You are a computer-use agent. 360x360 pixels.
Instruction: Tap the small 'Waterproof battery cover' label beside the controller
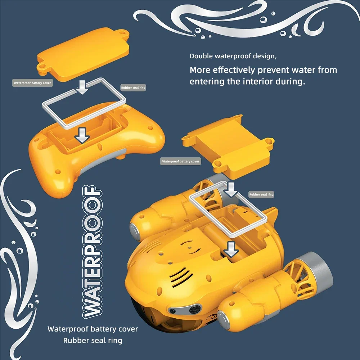33,83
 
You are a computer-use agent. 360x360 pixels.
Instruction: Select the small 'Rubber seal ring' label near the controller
133,87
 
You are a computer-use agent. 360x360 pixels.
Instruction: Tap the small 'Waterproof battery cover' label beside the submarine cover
180,162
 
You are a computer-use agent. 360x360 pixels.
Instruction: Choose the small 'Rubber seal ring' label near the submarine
261,194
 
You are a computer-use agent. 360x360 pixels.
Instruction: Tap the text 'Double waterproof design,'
233,56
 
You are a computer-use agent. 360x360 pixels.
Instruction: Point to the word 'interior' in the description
259,81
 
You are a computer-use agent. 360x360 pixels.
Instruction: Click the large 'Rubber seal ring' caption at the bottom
93,340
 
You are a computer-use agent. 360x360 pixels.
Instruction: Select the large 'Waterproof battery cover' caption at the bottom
93,329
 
